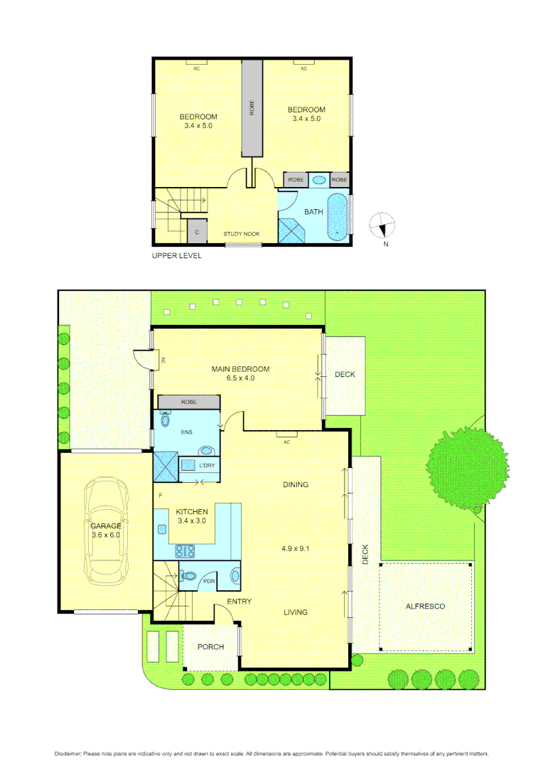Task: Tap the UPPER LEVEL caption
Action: click(177, 255)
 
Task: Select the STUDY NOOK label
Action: click(241, 234)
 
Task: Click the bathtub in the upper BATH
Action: click(338, 217)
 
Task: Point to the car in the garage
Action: click(106, 530)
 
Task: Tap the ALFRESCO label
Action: click(425, 607)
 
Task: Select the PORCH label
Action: click(210, 647)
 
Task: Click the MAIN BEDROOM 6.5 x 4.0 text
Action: click(241, 373)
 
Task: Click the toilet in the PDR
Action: click(188, 577)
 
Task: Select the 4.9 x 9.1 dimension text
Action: click(296, 549)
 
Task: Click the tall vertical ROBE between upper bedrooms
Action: click(252, 108)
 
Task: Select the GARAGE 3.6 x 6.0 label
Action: click(104, 530)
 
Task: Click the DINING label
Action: click(296, 485)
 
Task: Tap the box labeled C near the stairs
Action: click(195, 232)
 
